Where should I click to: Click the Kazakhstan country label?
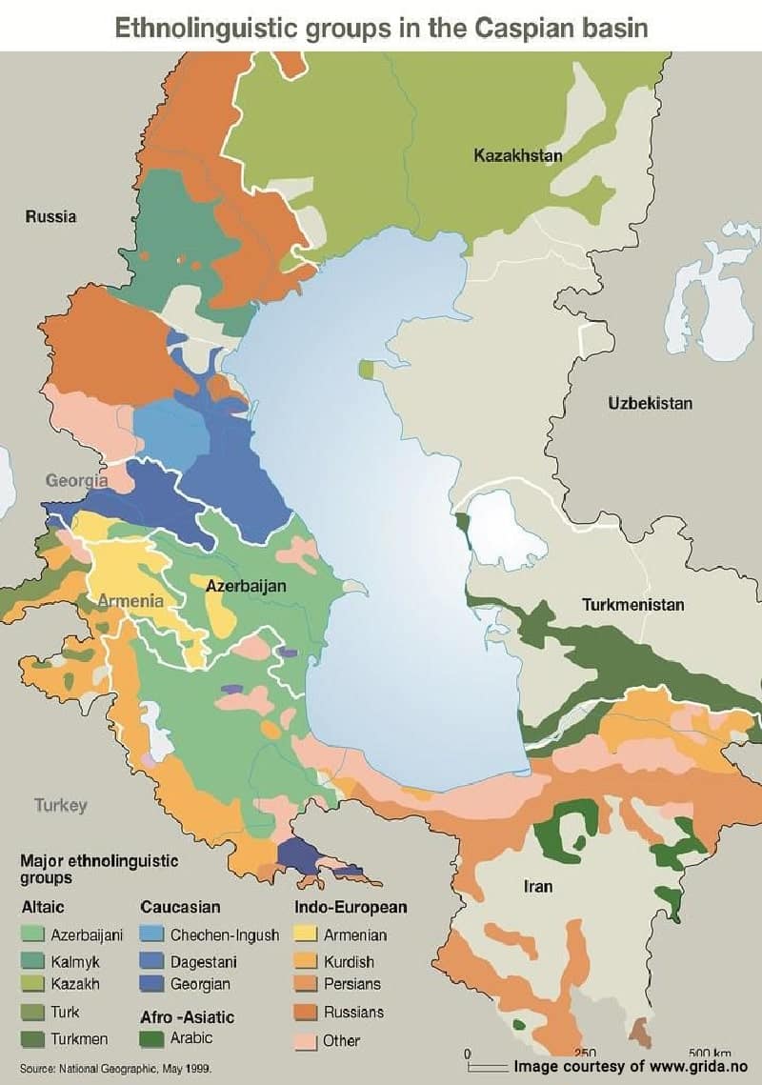click(x=518, y=155)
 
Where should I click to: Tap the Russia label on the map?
click(x=50, y=217)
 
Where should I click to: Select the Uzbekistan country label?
click(x=650, y=403)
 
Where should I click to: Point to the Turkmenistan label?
click(x=633, y=605)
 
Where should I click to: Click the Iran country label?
click(x=538, y=887)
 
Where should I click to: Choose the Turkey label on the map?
click(x=61, y=806)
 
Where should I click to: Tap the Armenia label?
click(x=130, y=601)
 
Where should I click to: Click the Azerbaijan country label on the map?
click(x=246, y=587)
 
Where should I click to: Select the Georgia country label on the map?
click(x=76, y=481)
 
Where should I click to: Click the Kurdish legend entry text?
click(x=349, y=962)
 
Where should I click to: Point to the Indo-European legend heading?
click(x=351, y=907)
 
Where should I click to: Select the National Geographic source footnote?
click(x=115, y=1069)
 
